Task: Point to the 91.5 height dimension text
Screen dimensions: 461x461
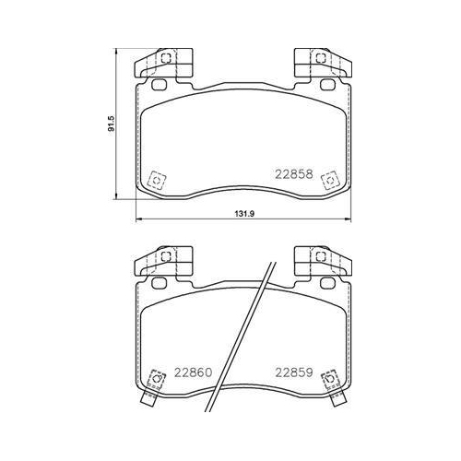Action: [111, 123]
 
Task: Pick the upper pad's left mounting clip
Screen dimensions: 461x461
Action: [165, 62]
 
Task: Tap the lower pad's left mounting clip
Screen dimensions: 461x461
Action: [165, 260]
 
